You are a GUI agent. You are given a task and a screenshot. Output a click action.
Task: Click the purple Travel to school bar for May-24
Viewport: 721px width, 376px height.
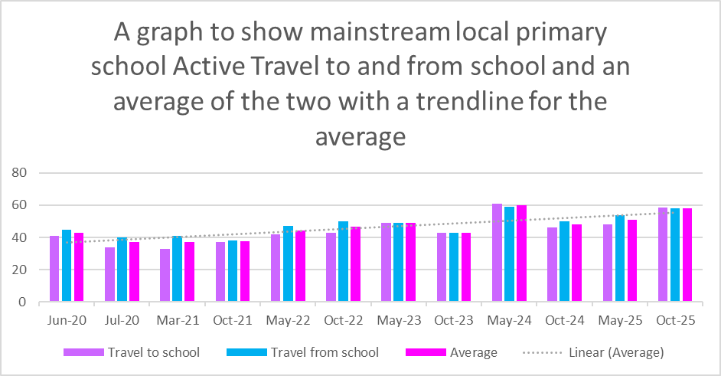pos(497,253)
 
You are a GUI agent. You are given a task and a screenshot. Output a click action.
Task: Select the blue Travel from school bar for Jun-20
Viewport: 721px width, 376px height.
pos(67,266)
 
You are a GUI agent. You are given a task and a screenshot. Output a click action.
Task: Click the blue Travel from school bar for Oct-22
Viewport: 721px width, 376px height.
pos(343,262)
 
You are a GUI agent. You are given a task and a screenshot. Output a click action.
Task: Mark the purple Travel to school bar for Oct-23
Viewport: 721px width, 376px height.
pos(442,267)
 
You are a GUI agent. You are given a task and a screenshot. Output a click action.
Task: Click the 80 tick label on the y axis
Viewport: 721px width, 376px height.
pos(21,173)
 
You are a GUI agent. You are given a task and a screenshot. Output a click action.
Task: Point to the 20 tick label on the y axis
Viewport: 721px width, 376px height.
pos(21,270)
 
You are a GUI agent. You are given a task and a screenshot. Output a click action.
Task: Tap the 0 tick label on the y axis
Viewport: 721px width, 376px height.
pos(24,302)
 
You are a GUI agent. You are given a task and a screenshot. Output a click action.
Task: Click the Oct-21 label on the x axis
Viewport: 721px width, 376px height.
pos(233,321)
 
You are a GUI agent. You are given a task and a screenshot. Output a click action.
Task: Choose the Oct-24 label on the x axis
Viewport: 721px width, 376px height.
pos(564,321)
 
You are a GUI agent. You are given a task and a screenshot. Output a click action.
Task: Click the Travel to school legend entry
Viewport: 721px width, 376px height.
pos(153,352)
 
